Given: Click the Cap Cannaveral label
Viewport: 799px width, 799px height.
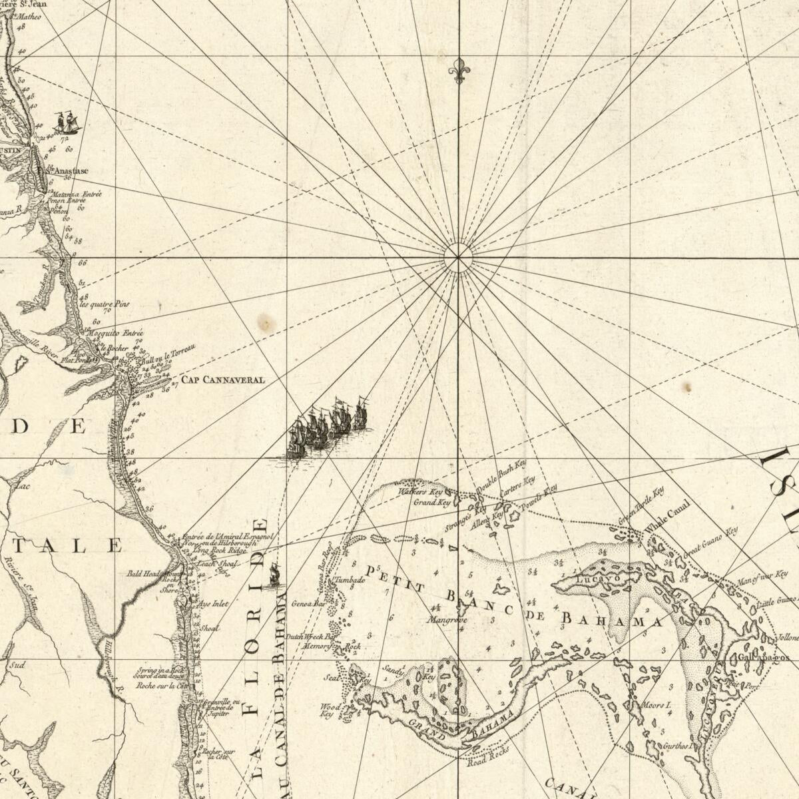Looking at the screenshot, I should pos(224,380).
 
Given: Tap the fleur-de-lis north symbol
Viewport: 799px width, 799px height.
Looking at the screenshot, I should pos(458,70).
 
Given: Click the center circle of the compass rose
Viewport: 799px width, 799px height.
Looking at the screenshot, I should pos(458,258).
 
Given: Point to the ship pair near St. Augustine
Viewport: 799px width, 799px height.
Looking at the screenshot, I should pos(67,123).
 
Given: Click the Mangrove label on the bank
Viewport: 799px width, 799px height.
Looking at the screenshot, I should pos(447,620).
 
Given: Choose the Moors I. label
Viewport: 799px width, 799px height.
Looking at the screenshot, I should pos(656,704).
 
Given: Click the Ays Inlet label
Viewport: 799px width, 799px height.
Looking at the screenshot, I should pos(213,604).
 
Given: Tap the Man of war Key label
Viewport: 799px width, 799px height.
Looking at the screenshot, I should pos(762,578).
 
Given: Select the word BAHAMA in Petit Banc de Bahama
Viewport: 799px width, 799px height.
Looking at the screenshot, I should pos(613,620).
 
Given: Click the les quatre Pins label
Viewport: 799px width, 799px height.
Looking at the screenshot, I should pos(105,304).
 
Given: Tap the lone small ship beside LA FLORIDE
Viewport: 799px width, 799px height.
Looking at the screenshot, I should pos(274,574).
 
